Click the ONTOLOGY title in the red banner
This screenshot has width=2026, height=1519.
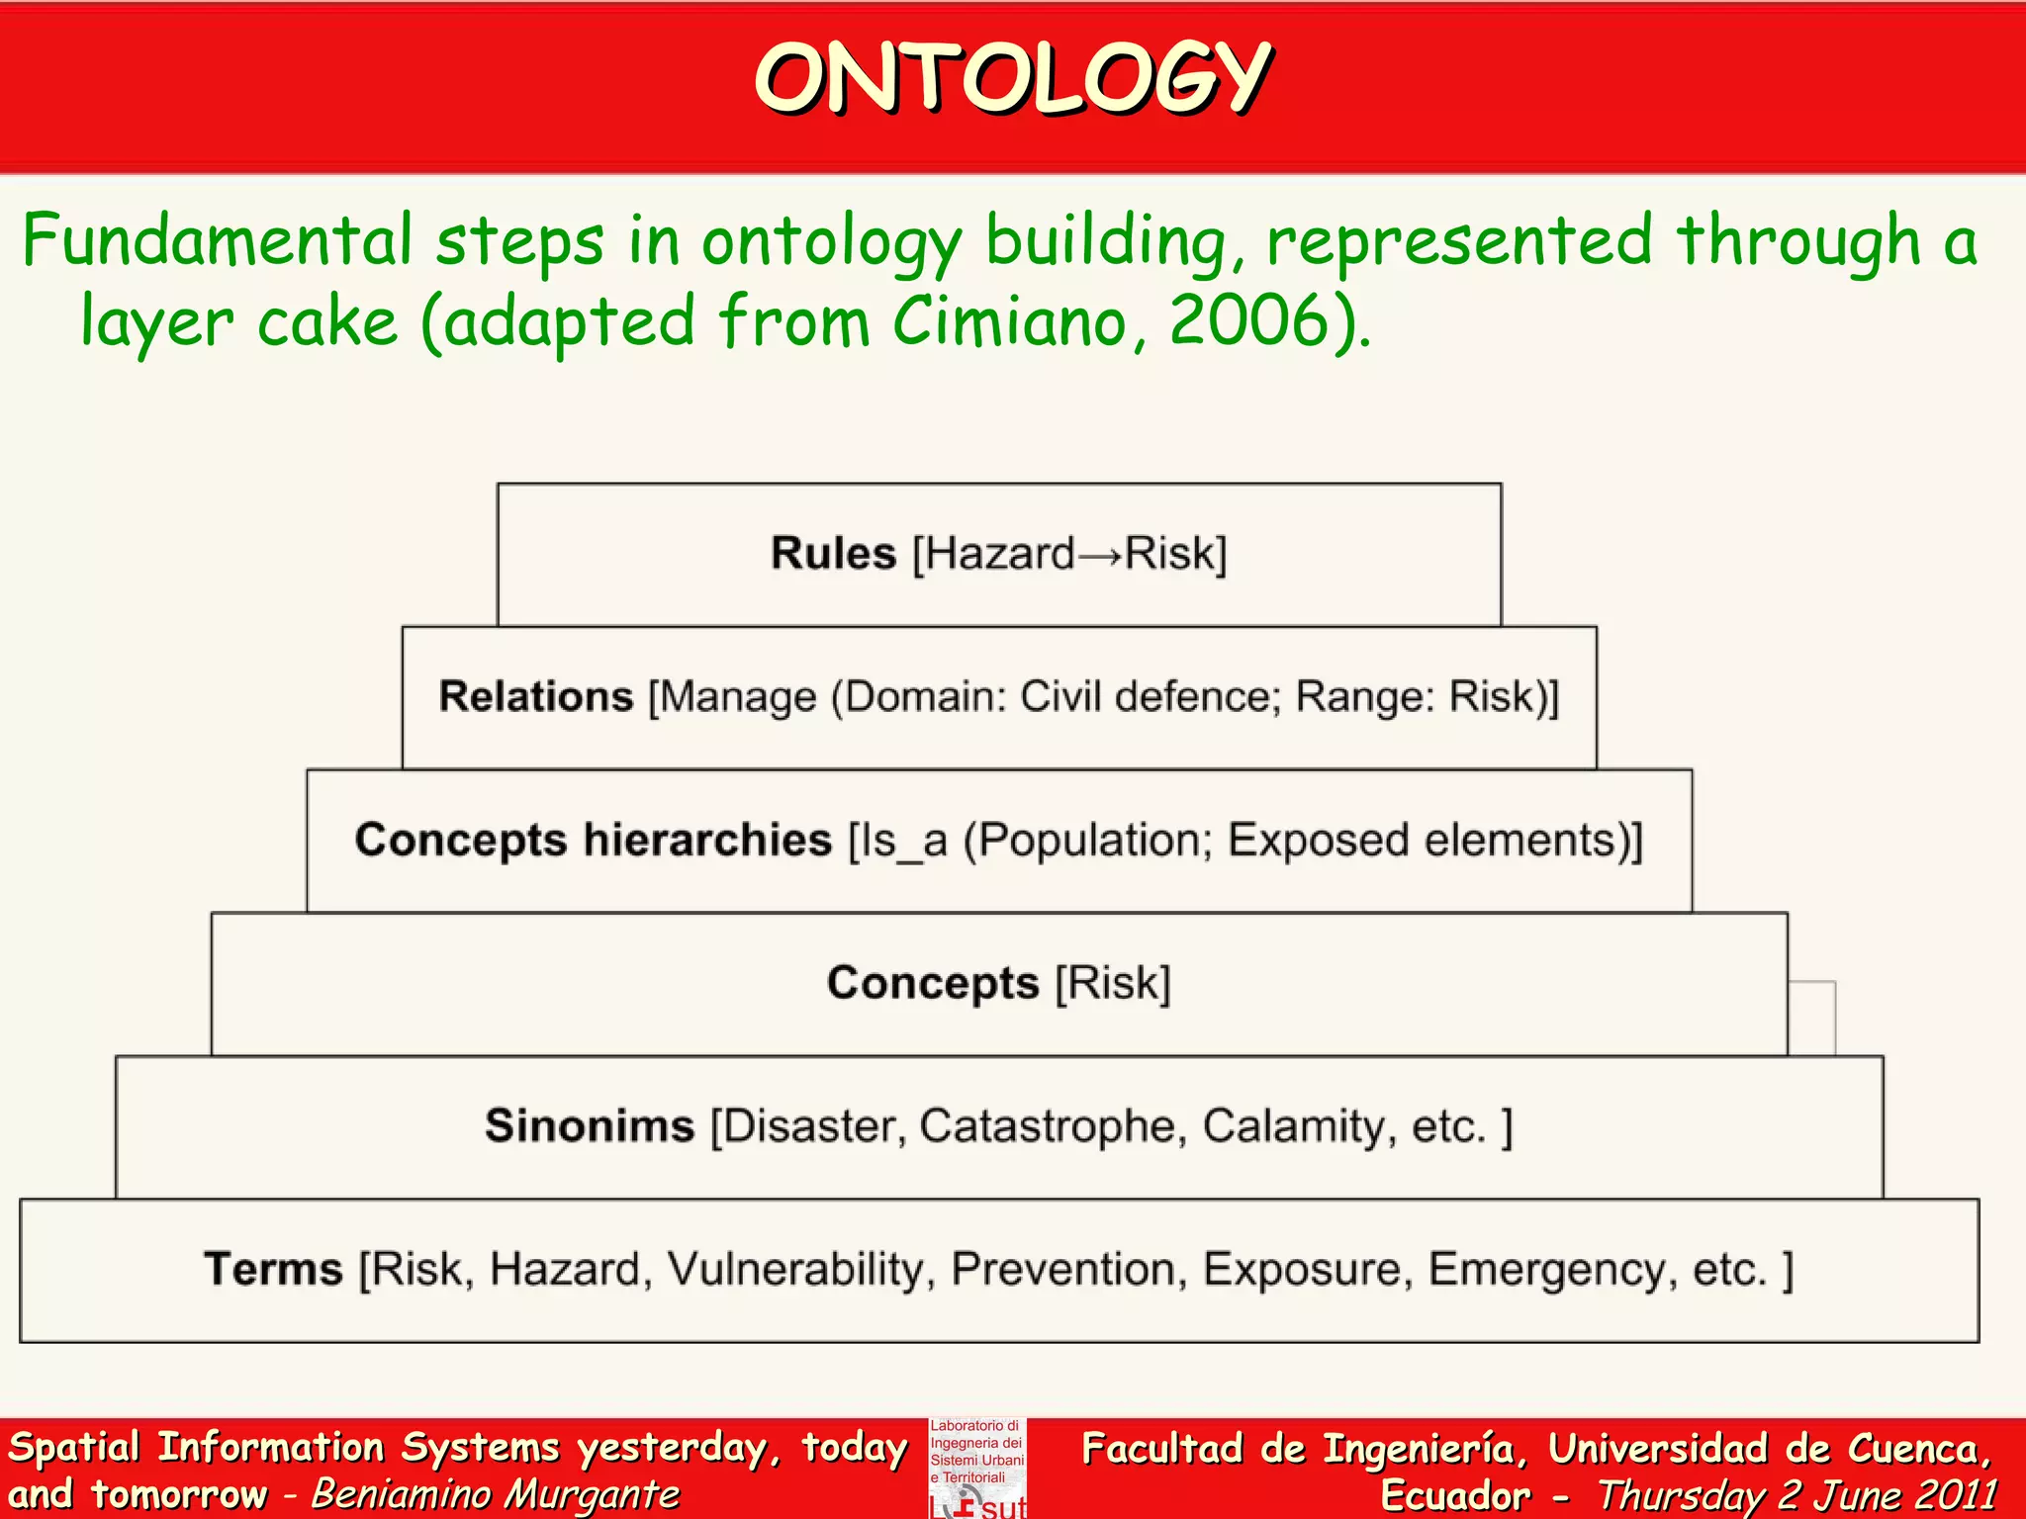[1012, 79]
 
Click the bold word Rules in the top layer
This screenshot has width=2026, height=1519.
[833, 554]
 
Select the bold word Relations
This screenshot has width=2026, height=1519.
[535, 697]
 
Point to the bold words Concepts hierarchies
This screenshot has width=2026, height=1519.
[593, 841]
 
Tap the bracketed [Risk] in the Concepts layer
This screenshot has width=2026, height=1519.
[1113, 984]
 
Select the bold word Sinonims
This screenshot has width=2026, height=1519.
[590, 1126]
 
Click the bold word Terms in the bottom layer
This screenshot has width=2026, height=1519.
[273, 1270]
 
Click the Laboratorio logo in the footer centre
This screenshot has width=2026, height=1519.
[977, 1468]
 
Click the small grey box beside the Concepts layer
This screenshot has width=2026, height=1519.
[1812, 1018]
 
